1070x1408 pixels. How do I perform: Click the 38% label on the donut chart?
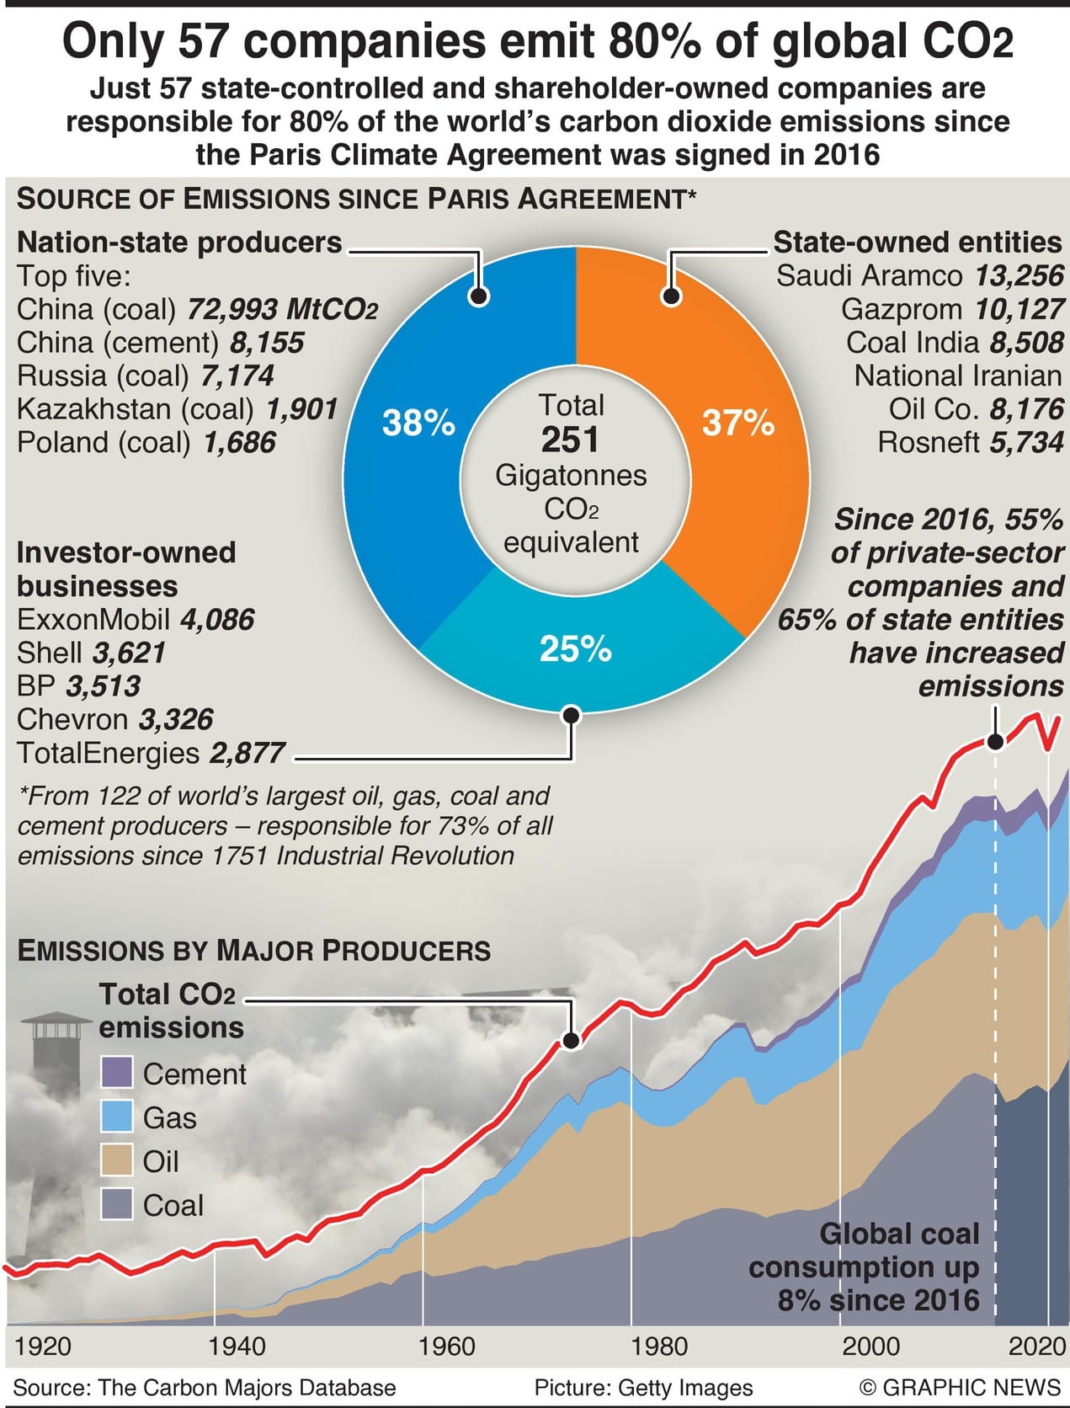418,423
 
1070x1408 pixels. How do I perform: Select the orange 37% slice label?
737,423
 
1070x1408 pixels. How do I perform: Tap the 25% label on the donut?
575,649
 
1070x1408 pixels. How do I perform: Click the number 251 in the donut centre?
571,440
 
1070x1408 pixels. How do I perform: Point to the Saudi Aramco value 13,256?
1019,276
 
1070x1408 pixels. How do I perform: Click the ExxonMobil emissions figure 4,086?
216,620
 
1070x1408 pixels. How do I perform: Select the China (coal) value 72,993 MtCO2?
281,310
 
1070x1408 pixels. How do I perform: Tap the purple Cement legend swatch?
117,1073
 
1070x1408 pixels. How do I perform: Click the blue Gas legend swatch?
117,1117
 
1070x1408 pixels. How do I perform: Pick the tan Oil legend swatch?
117,1160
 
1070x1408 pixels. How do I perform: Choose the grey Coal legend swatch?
117,1204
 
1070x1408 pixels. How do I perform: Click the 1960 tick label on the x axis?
447,1346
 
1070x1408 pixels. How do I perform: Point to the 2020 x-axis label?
1037,1346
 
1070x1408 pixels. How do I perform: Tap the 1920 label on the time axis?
43,1346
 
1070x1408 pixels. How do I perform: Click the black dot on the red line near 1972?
572,1041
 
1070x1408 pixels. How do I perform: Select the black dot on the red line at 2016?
995,742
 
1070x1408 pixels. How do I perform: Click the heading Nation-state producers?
179,243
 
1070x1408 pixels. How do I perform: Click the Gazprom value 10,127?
1019,310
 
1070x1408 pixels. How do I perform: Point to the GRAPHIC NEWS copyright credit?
960,1387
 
